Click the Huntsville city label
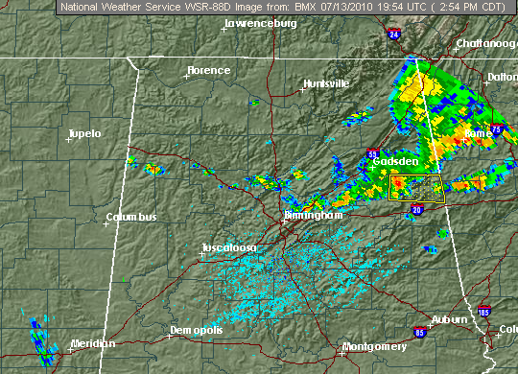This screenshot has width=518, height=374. click(326, 83)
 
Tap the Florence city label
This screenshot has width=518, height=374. click(209, 70)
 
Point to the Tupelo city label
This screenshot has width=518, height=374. click(85, 133)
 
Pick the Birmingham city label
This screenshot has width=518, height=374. click(313, 217)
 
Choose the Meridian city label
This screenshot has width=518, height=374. click(93, 343)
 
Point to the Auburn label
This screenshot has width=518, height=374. click(449, 319)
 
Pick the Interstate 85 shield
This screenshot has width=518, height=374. click(421, 332)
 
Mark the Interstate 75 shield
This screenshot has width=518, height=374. click(496, 127)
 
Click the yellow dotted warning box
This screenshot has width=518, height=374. click(414, 186)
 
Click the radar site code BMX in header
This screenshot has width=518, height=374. click(268, 7)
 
